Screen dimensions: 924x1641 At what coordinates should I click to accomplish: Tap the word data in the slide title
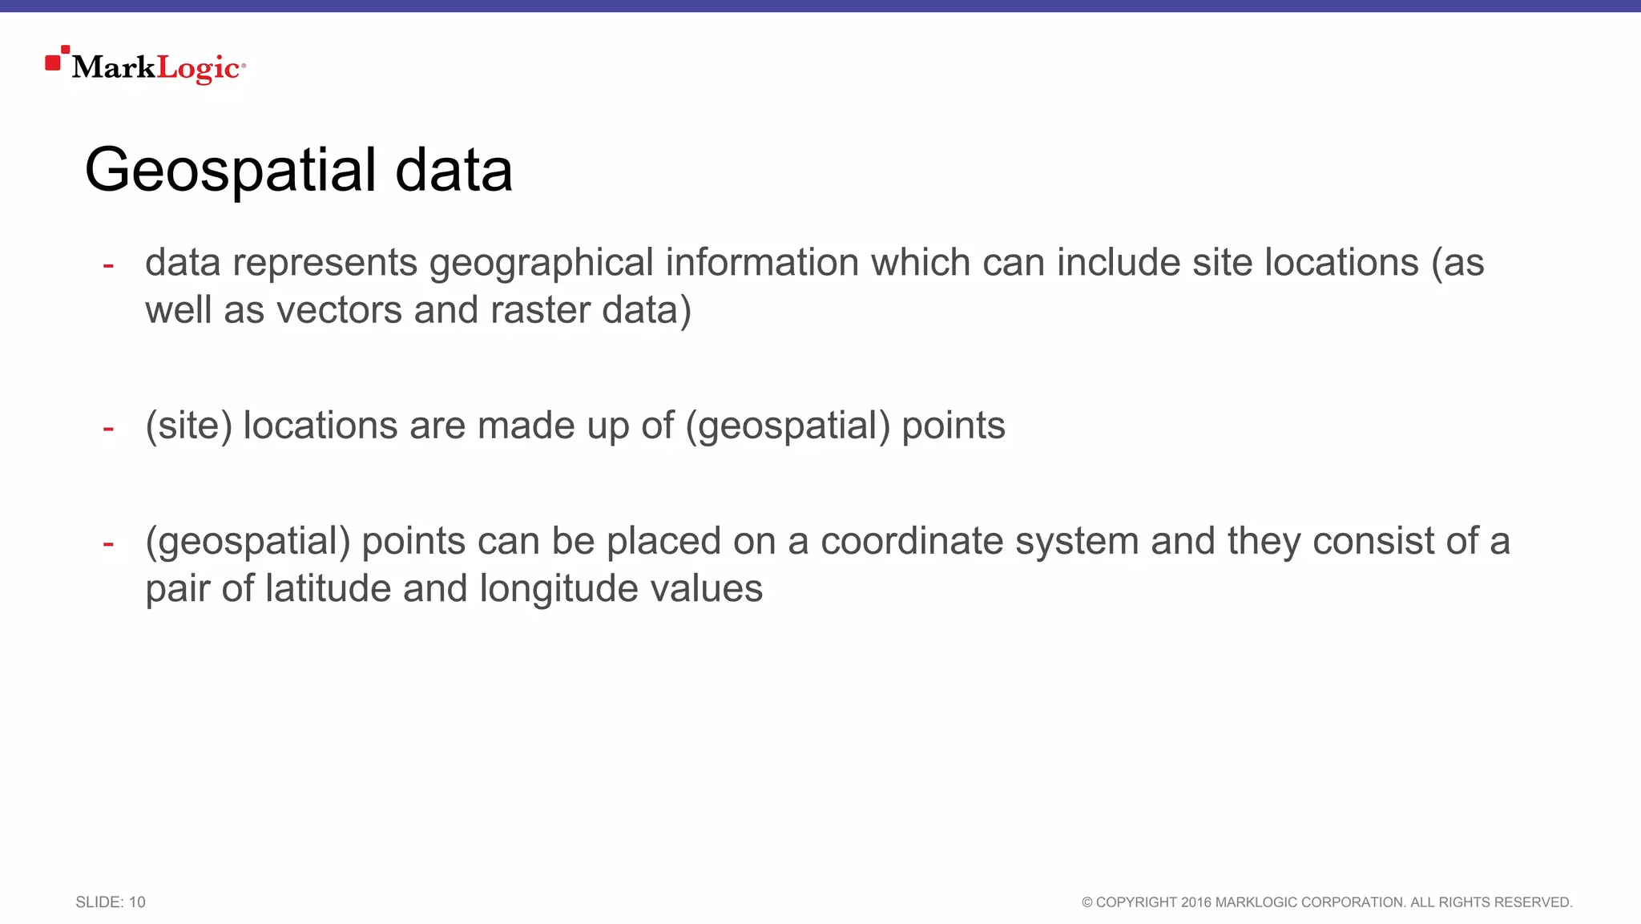[454, 171]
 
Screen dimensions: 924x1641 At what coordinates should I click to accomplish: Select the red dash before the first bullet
[108, 265]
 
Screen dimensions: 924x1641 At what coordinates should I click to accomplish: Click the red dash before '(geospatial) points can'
[108, 544]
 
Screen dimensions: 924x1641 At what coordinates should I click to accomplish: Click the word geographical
[542, 264]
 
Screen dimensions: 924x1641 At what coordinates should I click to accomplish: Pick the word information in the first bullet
[762, 263]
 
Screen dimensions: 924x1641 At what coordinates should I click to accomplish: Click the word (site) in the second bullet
[188, 426]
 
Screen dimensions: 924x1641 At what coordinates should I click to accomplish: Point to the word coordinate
[912, 541]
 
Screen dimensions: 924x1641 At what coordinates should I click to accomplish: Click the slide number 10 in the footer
[137, 902]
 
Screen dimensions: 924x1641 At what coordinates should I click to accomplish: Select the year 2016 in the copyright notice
[1195, 902]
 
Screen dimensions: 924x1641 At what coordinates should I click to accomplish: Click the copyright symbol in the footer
[1087, 902]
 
